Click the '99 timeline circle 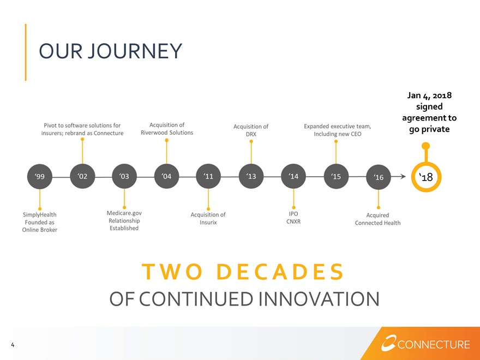(x=40, y=177)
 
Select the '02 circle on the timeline (x=82, y=176)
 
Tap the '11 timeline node (x=208, y=176)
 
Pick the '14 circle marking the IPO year (x=293, y=176)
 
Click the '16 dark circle (x=379, y=177)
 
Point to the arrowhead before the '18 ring (x=403, y=176)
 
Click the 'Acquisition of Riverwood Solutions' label (x=167, y=129)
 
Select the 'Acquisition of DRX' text (x=251, y=130)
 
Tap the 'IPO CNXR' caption (x=293, y=218)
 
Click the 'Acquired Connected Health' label (x=378, y=219)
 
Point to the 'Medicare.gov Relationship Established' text (x=124, y=220)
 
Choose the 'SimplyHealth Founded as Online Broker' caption (x=40, y=222)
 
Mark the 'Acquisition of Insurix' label (x=208, y=219)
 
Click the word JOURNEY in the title (x=135, y=51)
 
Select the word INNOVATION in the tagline (x=319, y=299)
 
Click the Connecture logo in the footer (x=425, y=344)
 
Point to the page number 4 (x=13, y=345)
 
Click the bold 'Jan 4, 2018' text (x=429, y=95)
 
